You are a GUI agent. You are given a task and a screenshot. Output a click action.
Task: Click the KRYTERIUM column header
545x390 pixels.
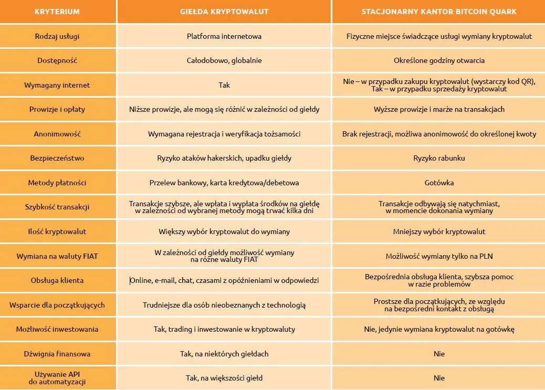point(57,12)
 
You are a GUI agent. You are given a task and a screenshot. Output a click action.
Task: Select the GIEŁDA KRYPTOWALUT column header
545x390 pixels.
point(224,12)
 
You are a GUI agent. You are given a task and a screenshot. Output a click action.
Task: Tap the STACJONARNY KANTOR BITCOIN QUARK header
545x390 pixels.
point(439,12)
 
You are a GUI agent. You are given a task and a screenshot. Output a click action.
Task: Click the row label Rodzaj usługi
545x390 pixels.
point(57,36)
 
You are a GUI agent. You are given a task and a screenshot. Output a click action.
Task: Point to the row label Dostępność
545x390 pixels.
point(57,60)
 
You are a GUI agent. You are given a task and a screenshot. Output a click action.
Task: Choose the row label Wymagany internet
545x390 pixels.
point(57,85)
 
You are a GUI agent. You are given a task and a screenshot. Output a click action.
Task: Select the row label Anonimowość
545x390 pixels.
point(57,134)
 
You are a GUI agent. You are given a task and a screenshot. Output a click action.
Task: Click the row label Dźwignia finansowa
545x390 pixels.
point(57,354)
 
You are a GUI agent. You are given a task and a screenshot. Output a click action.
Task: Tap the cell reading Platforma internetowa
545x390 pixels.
point(224,36)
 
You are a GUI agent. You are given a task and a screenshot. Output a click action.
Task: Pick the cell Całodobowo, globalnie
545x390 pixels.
point(224,60)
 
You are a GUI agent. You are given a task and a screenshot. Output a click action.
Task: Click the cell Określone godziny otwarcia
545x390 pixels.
point(439,60)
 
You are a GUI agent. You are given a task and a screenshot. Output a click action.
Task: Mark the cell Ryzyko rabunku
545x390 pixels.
point(439,158)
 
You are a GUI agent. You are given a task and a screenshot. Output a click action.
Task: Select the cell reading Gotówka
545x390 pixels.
point(439,183)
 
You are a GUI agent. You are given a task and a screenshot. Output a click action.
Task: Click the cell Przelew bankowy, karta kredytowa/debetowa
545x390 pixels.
point(224,183)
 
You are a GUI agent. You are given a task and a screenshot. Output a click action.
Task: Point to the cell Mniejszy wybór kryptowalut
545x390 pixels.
point(439,231)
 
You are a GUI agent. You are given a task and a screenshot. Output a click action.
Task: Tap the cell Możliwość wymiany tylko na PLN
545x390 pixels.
point(439,256)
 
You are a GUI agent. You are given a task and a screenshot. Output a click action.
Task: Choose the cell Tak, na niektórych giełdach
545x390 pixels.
point(224,354)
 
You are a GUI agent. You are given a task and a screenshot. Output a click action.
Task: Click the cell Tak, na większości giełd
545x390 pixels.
point(224,378)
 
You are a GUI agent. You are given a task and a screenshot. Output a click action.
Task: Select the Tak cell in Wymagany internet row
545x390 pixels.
point(224,85)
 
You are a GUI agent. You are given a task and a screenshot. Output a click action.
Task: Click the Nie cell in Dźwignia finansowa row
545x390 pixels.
point(439,354)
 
